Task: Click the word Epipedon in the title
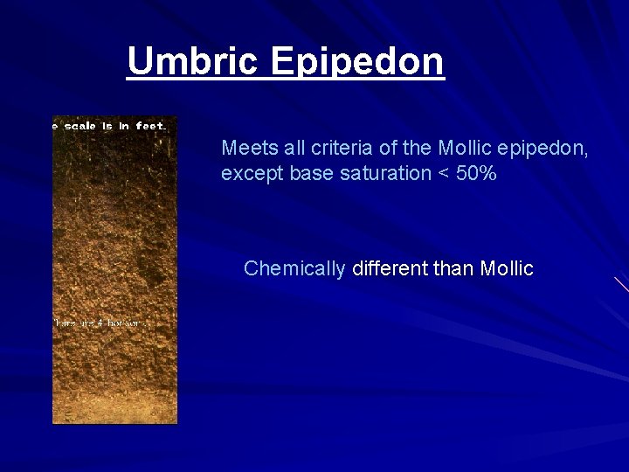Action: (357, 62)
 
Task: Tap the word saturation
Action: (388, 173)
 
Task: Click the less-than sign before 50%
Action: (443, 173)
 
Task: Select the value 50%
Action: (476, 173)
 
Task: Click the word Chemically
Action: (294, 268)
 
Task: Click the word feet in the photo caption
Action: (150, 126)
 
